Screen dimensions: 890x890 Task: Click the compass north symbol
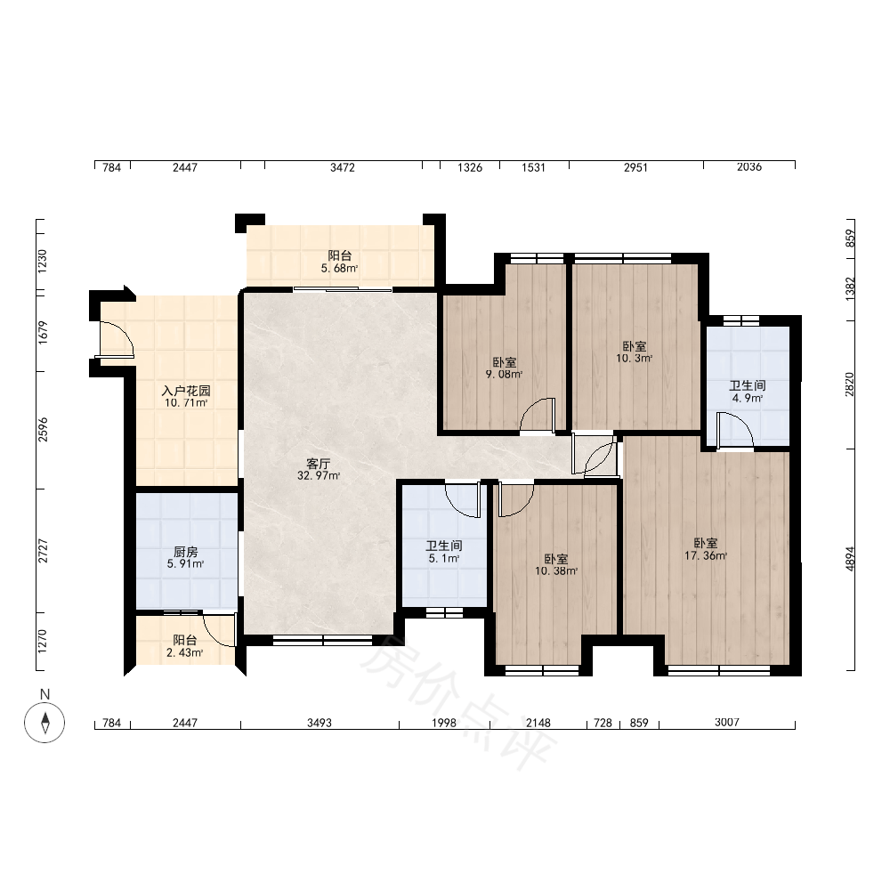(44, 722)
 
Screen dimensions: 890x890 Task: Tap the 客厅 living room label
(318, 464)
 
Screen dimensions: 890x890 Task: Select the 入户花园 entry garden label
(186, 391)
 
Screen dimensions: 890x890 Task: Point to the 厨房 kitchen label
(186, 552)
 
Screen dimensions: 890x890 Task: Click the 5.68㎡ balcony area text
(339, 269)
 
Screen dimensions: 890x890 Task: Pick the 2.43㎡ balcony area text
(185, 652)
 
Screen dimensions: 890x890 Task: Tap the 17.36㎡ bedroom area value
(706, 555)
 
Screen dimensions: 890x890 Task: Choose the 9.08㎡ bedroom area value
(504, 374)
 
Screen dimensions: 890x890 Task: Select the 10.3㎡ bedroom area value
(634, 358)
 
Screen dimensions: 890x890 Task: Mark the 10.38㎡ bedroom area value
(556, 571)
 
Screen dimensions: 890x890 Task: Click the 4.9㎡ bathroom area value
(747, 398)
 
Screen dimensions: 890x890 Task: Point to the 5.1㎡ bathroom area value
(444, 559)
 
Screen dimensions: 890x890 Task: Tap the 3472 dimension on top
(343, 167)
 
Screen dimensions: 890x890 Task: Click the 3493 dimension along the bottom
(320, 723)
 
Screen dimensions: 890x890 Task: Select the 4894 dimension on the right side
(850, 559)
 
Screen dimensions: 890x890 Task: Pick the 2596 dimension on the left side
(43, 430)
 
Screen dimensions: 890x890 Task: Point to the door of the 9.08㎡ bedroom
(538, 415)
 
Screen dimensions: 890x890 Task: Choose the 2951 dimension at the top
(635, 167)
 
